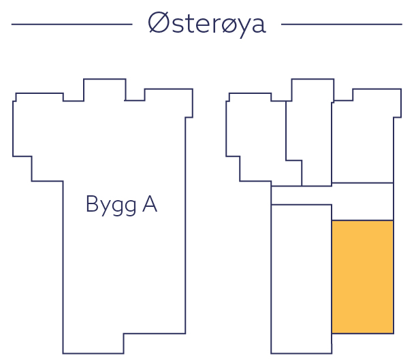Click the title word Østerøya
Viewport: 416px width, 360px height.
click(x=207, y=24)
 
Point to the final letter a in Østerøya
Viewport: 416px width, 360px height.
click(x=257, y=26)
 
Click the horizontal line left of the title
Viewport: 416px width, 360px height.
click(x=71, y=24)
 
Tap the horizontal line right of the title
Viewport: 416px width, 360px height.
click(x=341, y=24)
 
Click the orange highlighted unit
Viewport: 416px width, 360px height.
click(x=362, y=276)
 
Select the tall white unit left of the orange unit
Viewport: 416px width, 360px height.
click(x=301, y=278)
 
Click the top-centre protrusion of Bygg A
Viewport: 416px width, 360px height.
click(x=105, y=91)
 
